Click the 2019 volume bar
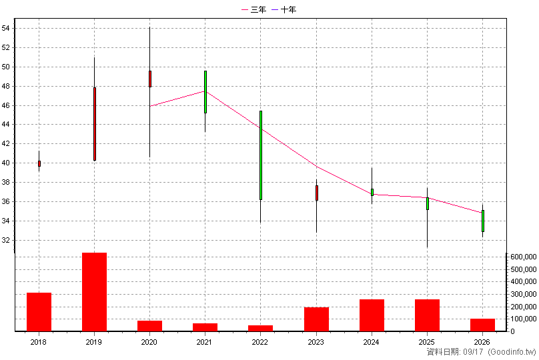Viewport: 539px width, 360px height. pyautogui.click(x=94, y=292)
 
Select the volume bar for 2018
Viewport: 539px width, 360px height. pyautogui.click(x=39, y=312)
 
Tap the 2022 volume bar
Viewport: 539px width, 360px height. pyautogui.click(x=260, y=329)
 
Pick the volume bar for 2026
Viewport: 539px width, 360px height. pyautogui.click(x=482, y=325)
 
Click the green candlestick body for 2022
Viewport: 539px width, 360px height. pyautogui.click(x=261, y=155)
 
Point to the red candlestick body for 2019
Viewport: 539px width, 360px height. pyautogui.click(x=95, y=124)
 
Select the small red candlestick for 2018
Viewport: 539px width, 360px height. pyautogui.click(x=39, y=163)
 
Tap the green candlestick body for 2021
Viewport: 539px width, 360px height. pyautogui.click(x=205, y=92)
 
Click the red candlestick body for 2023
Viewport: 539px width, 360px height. pyautogui.click(x=317, y=193)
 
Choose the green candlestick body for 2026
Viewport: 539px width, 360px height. pyautogui.click(x=482, y=221)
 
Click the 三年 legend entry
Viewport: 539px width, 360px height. pyautogui.click(x=253, y=9)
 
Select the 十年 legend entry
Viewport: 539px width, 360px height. pyautogui.click(x=284, y=9)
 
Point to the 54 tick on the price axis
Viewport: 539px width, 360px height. pyautogui.click(x=6, y=28)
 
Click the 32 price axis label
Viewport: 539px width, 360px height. pyautogui.click(x=6, y=240)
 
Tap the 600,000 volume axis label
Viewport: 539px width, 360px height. pyautogui.click(x=524, y=257)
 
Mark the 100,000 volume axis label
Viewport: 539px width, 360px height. pyautogui.click(x=524, y=319)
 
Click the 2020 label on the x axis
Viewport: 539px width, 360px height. pyautogui.click(x=149, y=342)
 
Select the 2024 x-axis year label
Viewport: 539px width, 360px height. pyautogui.click(x=372, y=342)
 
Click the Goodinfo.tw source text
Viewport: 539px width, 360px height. pyautogui.click(x=512, y=352)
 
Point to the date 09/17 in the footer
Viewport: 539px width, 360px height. pyautogui.click(x=473, y=352)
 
